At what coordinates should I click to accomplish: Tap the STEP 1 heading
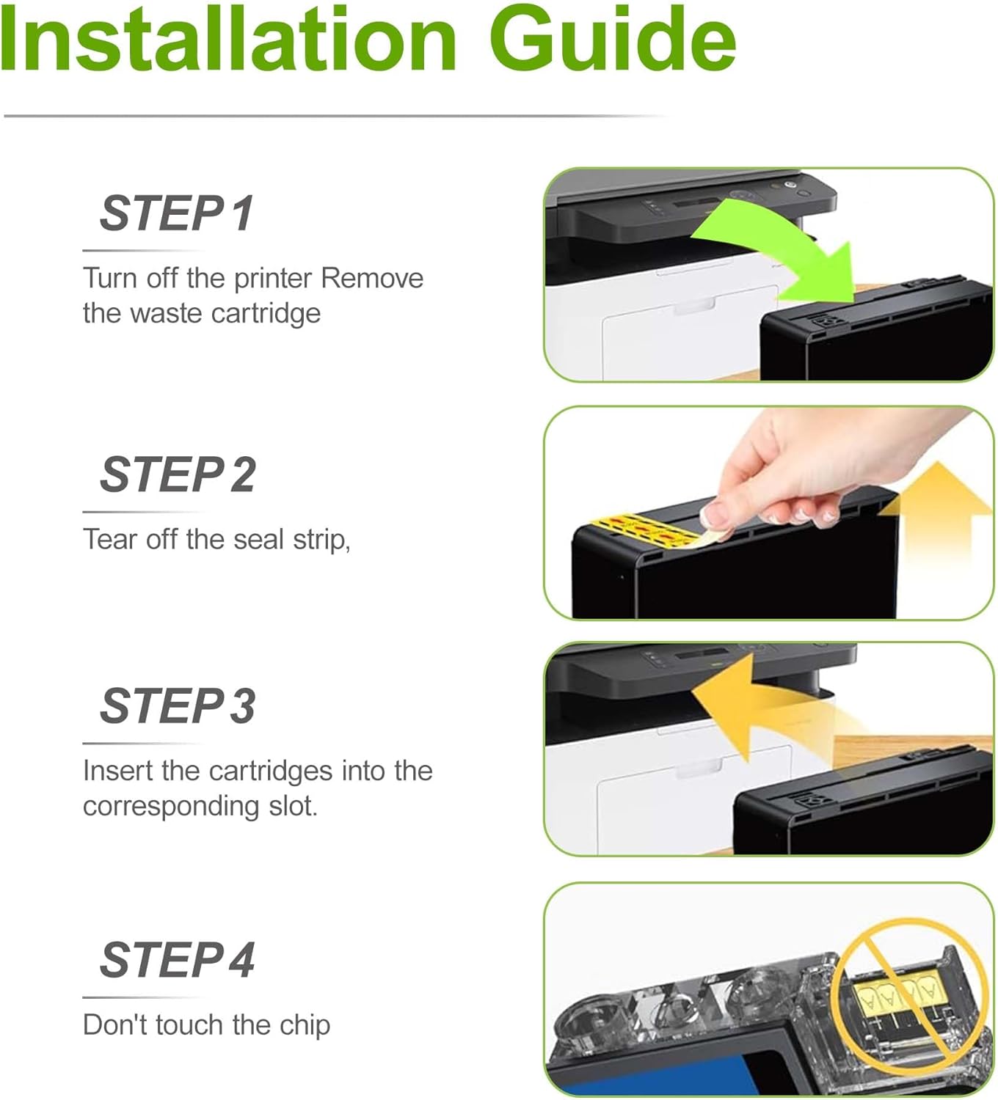coord(177,213)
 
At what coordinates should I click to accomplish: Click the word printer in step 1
coord(273,279)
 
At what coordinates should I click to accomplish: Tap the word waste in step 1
coord(155,314)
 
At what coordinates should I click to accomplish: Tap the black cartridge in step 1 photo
coord(873,337)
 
